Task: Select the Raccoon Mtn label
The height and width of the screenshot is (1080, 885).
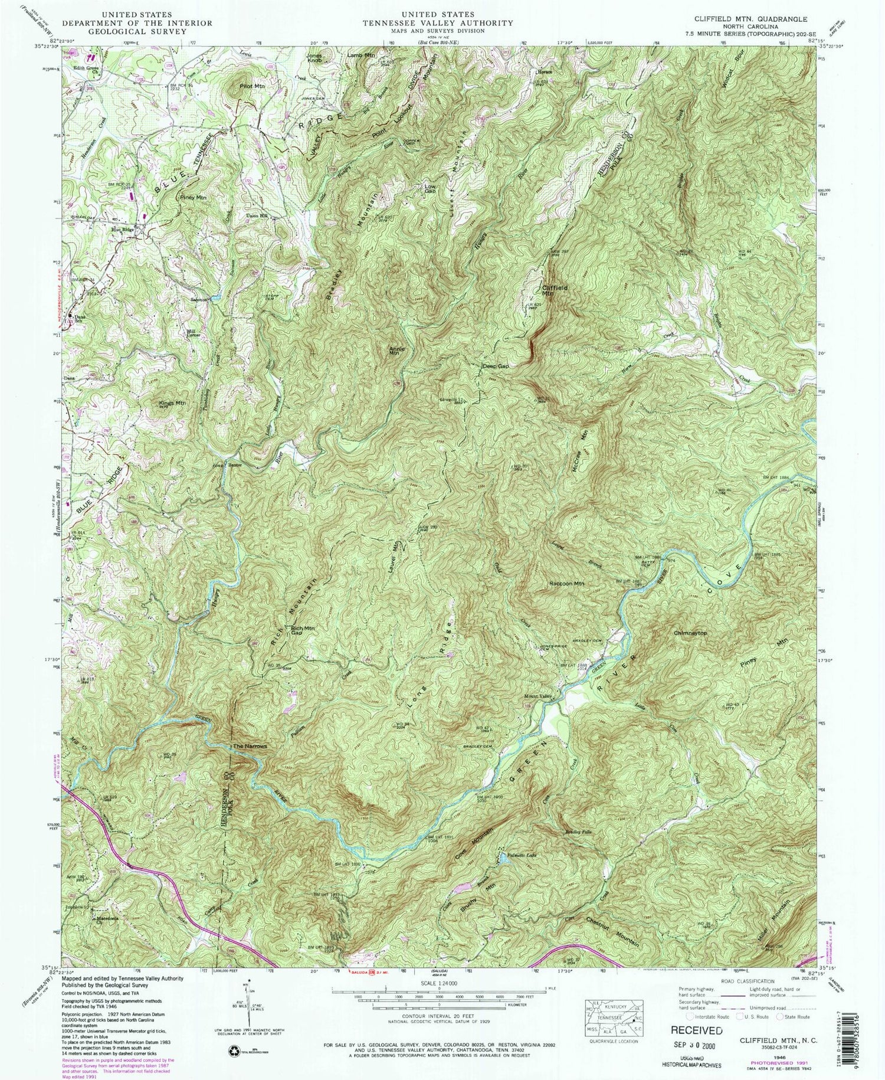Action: [566, 583]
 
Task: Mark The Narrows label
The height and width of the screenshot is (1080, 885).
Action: [250, 747]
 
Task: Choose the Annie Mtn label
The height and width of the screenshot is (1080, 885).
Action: [397, 350]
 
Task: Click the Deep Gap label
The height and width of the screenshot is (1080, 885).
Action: [495, 366]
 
